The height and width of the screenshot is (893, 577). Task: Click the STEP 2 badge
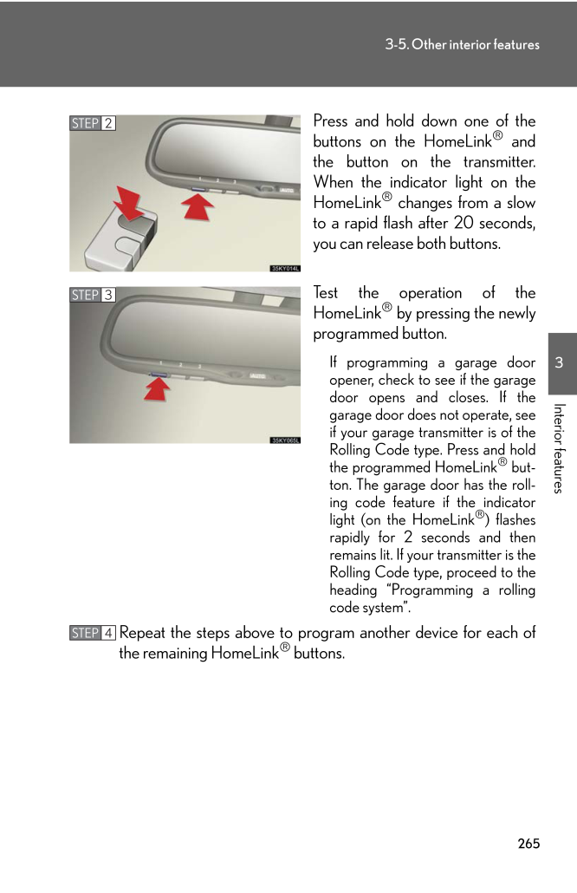point(93,123)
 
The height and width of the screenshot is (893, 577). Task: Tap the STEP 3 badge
point(93,296)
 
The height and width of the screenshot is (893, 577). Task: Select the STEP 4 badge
point(93,633)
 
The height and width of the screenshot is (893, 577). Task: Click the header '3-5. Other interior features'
point(462,44)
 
